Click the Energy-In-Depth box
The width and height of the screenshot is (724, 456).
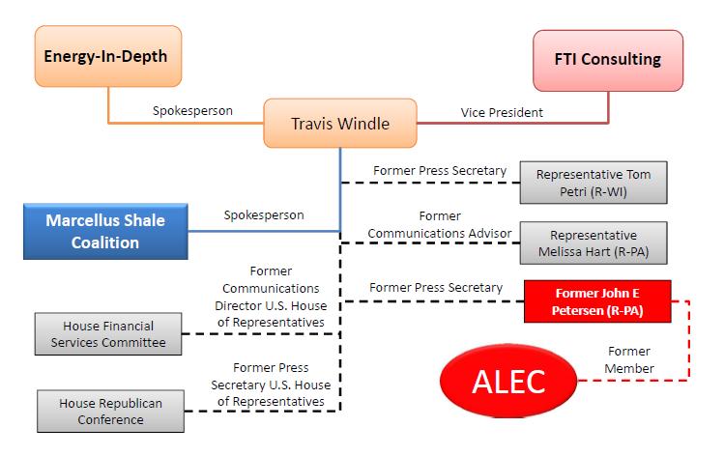[106, 56]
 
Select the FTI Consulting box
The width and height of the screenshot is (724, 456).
[608, 60]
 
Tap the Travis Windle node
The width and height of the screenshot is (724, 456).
[339, 124]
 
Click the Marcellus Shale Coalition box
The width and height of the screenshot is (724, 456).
[105, 231]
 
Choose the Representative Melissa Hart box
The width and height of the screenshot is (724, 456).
[593, 242]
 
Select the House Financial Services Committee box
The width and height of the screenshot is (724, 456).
[109, 333]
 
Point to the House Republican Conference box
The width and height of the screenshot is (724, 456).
[109, 411]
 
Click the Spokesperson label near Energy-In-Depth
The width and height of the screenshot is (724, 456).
[192, 110]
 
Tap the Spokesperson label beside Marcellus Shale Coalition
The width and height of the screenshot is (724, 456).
[263, 214]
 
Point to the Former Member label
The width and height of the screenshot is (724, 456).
[629, 359]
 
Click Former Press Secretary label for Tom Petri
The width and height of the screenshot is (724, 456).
[440, 171]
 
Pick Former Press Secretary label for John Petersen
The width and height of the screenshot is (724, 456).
[435, 287]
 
